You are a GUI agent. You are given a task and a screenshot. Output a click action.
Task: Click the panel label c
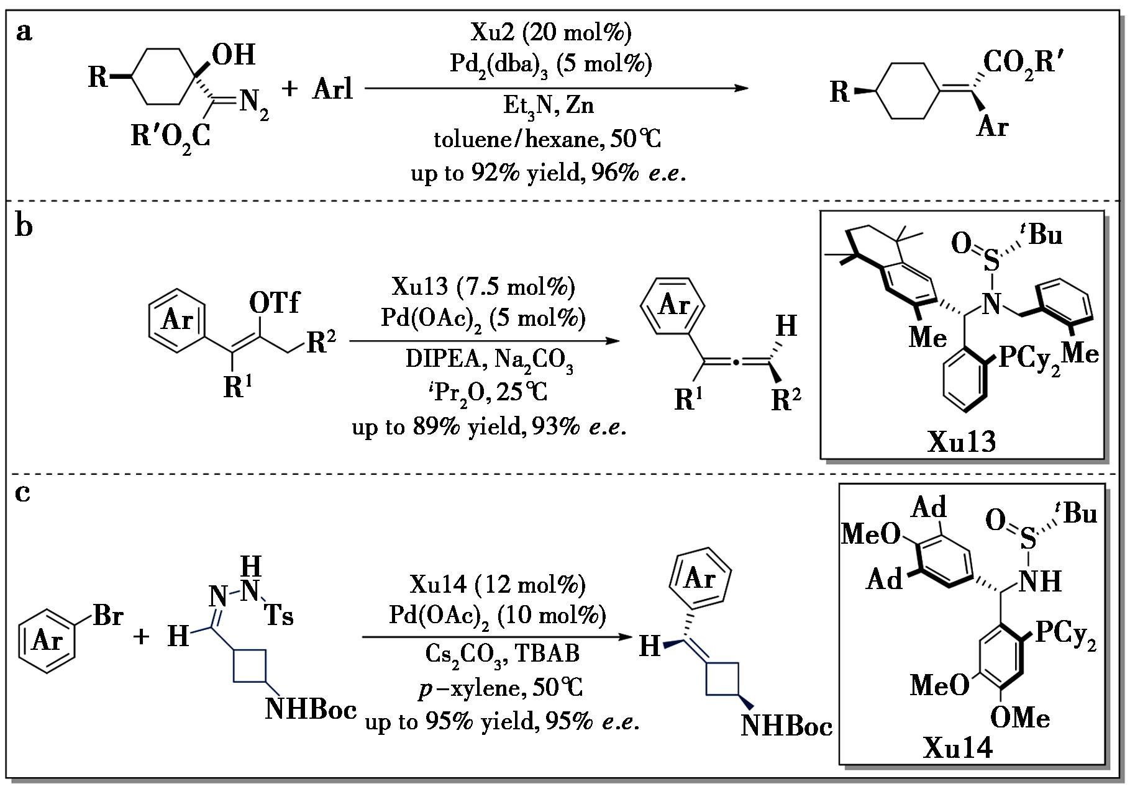tap(22, 493)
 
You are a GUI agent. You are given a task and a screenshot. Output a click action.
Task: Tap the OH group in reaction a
tap(234, 55)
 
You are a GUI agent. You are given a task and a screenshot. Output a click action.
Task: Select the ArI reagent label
tap(333, 89)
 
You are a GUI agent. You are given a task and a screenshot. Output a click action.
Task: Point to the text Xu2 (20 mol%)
tap(551, 33)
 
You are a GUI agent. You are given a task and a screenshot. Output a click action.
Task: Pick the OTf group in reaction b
tap(274, 302)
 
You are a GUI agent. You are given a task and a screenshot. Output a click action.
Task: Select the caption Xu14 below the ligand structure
tap(958, 747)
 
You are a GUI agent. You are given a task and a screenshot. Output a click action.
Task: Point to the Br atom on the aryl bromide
tap(108, 616)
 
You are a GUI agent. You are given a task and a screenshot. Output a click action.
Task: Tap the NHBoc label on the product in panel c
tap(786, 725)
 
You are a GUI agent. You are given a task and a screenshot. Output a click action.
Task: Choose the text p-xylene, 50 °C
tap(501, 688)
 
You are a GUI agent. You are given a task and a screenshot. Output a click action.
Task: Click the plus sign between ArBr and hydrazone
tap(141, 637)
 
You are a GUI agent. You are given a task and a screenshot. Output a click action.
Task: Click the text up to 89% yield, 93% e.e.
tap(488, 426)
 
